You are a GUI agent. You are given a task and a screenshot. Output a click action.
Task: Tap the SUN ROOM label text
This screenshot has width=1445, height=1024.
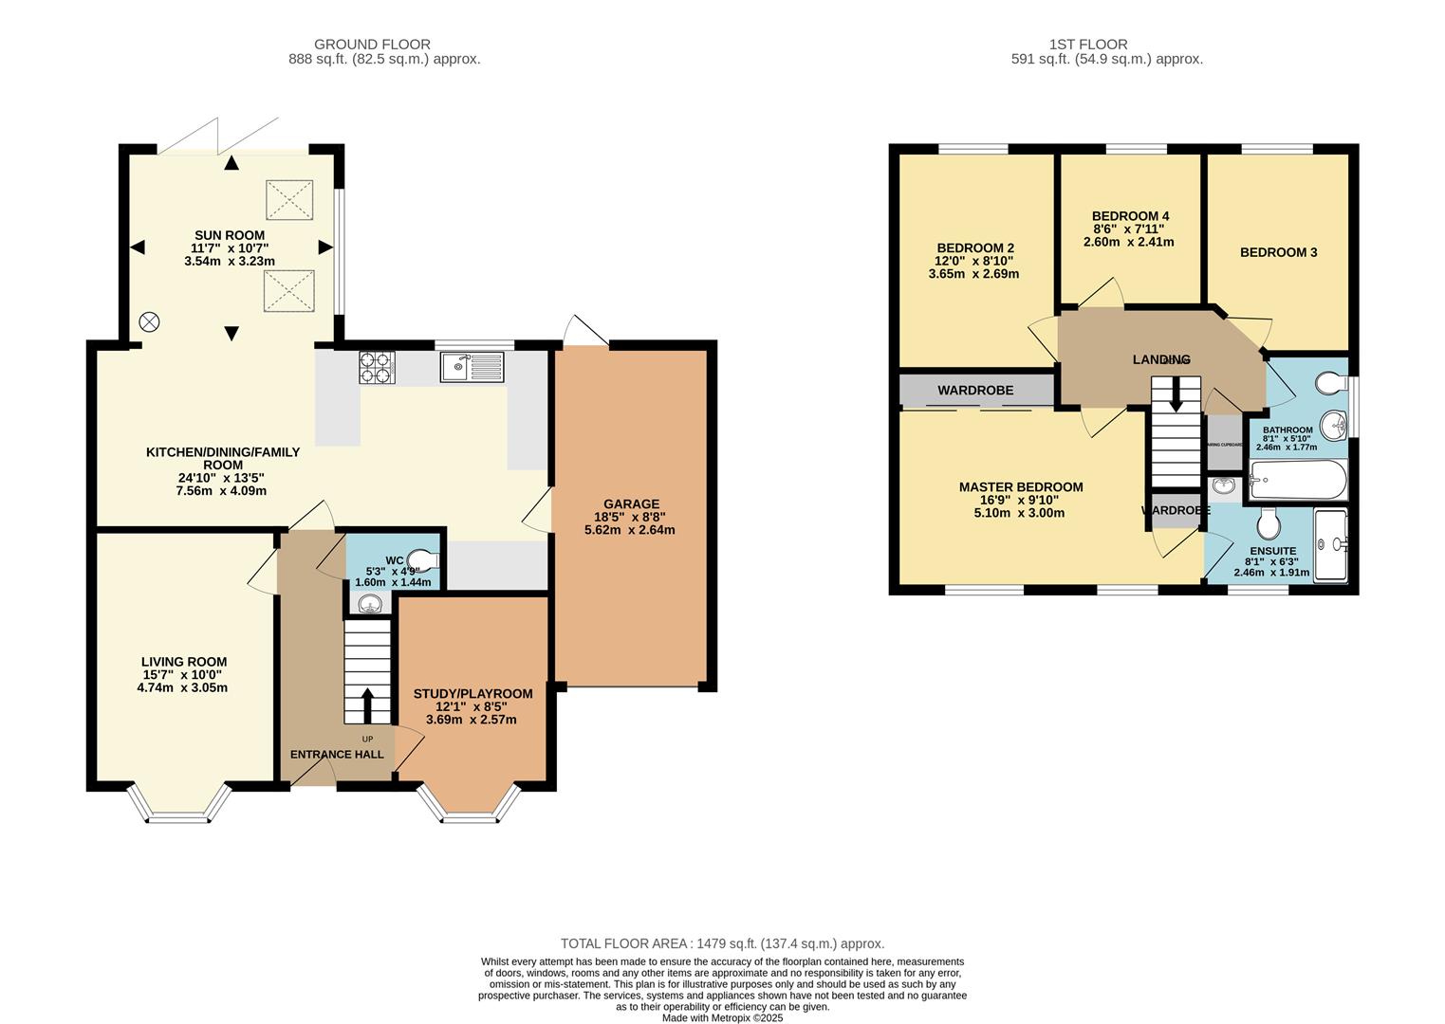230,235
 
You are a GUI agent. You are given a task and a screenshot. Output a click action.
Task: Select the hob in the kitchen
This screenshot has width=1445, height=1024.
377,367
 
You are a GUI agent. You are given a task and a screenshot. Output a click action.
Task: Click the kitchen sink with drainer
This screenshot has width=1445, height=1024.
472,366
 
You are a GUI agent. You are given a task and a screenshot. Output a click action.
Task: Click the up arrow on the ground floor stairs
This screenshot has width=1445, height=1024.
367,702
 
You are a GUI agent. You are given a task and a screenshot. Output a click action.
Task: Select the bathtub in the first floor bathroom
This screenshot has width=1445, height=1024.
1298,481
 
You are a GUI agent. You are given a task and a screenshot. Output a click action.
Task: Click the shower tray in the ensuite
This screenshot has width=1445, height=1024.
1331,543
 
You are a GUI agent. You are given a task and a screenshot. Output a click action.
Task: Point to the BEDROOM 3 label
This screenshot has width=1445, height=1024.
1278,252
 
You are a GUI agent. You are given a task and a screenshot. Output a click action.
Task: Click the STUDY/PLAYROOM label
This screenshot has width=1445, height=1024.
472,693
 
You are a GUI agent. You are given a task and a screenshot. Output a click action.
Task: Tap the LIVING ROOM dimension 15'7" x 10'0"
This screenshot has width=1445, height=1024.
183,675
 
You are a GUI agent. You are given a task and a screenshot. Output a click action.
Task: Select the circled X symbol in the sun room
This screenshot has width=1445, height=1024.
149,321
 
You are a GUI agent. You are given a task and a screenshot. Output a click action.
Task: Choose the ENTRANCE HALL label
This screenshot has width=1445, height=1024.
337,754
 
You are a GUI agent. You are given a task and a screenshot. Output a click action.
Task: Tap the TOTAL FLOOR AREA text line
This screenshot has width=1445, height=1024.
722,943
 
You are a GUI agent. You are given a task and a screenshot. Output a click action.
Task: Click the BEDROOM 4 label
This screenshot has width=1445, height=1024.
1130,216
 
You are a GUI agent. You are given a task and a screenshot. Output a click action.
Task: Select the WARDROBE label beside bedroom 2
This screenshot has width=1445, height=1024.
975,390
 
